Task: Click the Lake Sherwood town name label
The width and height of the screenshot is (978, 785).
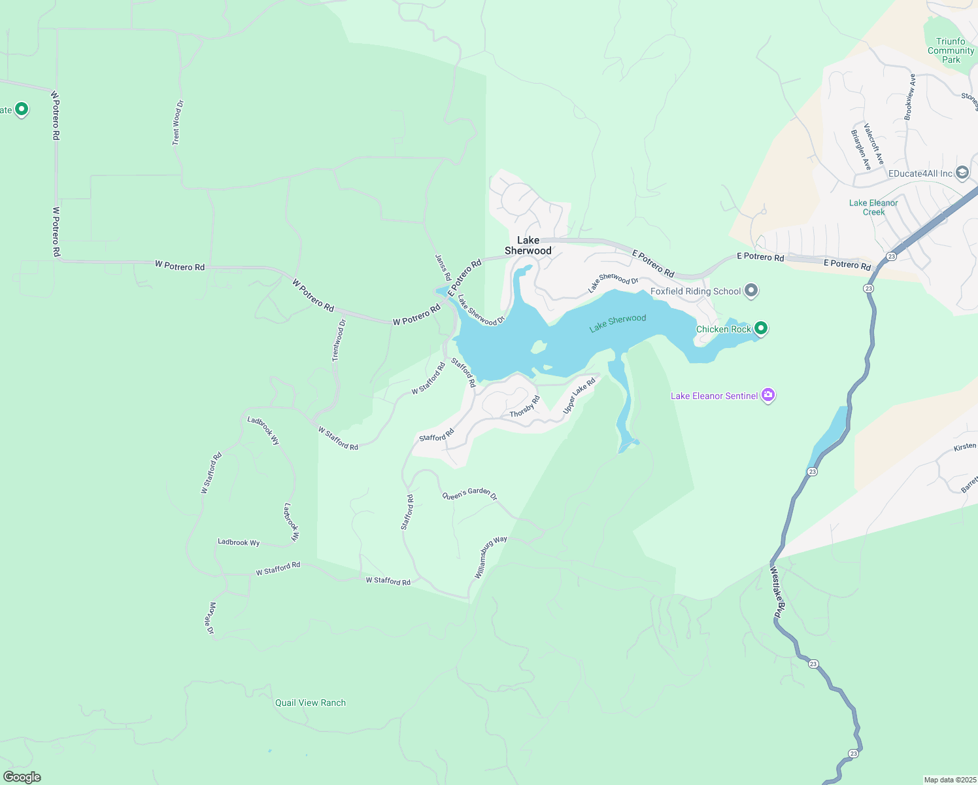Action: tap(528, 245)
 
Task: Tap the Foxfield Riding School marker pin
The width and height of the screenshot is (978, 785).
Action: tap(751, 290)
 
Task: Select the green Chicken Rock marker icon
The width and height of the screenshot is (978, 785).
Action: tap(760, 328)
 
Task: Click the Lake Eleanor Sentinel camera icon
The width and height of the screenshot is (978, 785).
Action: tap(768, 395)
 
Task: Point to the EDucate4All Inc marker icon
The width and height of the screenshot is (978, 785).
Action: tap(962, 173)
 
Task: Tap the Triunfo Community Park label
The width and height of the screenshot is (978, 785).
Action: tap(951, 50)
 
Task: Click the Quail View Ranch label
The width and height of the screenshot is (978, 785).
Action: tap(311, 703)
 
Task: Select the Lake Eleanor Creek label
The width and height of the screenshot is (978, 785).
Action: tap(873, 207)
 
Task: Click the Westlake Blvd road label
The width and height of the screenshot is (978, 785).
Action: tap(776, 592)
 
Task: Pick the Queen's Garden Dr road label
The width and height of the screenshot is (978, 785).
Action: tap(469, 494)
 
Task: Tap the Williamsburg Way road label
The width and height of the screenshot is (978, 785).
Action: tap(490, 557)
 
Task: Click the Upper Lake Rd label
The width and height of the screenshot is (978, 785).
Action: tap(579, 395)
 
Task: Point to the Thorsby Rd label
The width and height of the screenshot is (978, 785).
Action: tap(524, 407)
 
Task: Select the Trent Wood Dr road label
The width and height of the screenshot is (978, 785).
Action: tap(177, 122)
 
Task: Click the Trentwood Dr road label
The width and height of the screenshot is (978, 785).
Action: tap(338, 340)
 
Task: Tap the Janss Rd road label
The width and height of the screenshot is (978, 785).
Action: tap(443, 268)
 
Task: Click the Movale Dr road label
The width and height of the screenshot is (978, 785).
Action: tap(211, 618)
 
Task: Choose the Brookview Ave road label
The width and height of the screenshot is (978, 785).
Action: tap(910, 97)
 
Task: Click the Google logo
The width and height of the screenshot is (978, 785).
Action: tap(22, 776)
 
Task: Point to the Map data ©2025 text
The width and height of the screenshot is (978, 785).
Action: tap(949, 780)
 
